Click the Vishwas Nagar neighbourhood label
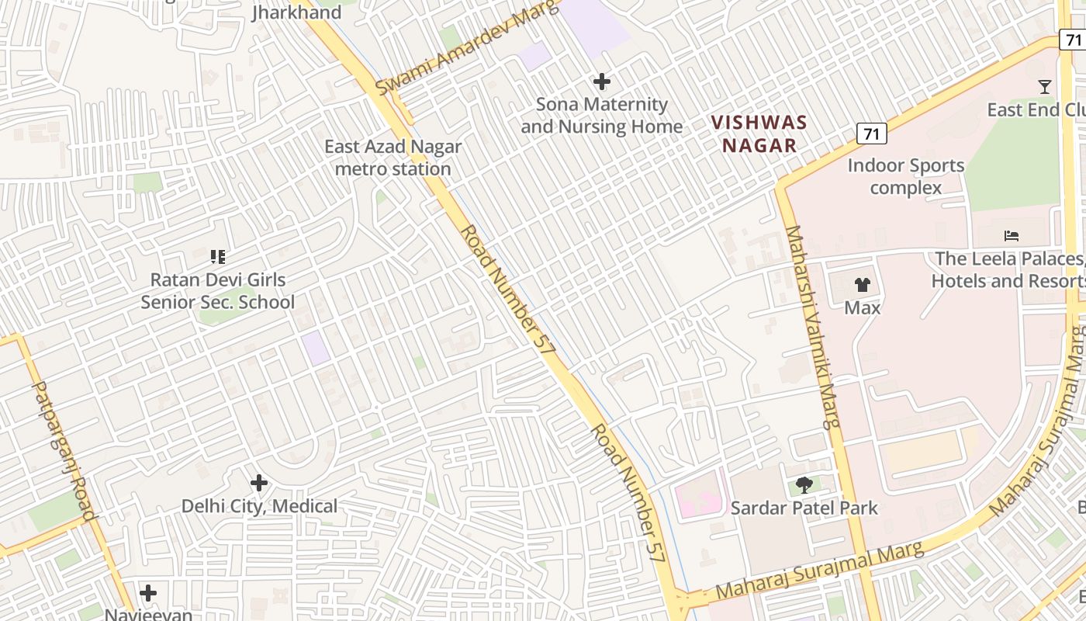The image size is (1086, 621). tap(759, 134)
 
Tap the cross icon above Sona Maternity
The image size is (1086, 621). tap(601, 82)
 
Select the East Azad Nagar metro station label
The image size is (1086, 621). tap(393, 158)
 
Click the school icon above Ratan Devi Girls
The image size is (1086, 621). tap(218, 256)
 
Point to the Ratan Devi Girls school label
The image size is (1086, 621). tap(218, 291)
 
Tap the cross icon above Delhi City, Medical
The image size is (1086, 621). tap(259, 484)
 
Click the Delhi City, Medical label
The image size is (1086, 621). tap(259, 507)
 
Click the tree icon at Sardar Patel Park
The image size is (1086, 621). tap(804, 486)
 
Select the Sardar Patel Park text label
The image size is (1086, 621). tap(804, 508)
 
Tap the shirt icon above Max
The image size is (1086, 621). tap(863, 285)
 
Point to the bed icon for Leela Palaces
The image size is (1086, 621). tap(1011, 236)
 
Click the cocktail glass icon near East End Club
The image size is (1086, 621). tap(1045, 87)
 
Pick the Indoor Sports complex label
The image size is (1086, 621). tap(905, 176)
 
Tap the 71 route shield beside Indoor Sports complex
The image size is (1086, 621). tap(872, 134)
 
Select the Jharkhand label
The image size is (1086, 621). tap(296, 12)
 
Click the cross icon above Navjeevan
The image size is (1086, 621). tap(148, 594)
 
